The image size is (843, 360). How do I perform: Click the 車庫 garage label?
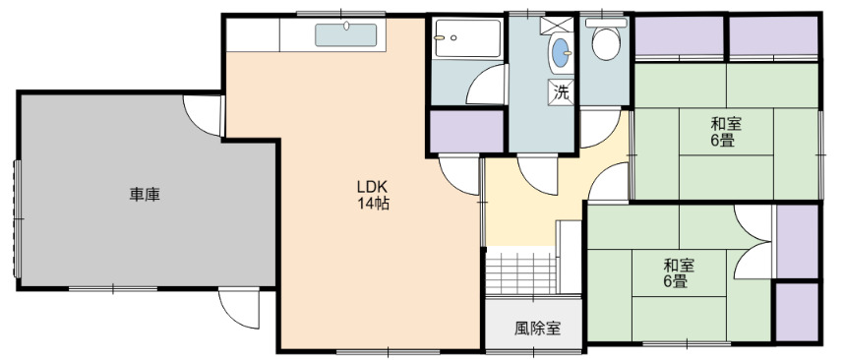145,194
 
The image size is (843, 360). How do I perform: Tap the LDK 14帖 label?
373,195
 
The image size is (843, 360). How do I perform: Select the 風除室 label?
538,328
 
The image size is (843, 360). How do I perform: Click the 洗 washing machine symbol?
561,91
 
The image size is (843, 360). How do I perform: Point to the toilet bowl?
606,43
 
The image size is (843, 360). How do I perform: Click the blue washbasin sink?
561,53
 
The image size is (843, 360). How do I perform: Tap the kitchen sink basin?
345,35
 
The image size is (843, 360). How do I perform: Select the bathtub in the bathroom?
468,38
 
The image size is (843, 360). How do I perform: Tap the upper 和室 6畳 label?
726,132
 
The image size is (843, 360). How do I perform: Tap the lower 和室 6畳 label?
679,273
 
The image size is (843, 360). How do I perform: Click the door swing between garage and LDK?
203,115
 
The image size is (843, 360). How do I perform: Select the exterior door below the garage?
239,308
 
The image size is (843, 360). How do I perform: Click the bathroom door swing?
486,85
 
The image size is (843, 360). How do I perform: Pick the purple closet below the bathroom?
466,131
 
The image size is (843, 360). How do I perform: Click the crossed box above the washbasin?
557,26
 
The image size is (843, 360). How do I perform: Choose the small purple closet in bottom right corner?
797,312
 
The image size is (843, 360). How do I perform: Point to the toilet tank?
606,23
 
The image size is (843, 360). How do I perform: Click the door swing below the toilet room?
600,128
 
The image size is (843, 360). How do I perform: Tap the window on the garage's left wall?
17,218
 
